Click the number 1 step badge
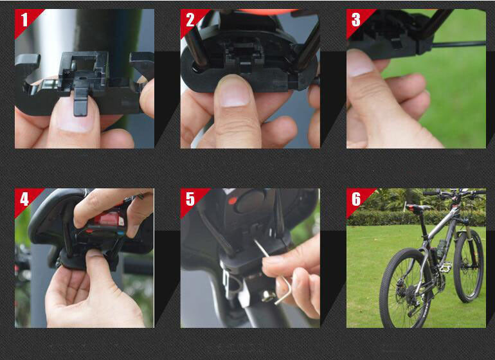tap(24, 20)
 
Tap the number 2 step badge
tap(190, 20)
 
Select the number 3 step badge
tap(356, 20)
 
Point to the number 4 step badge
tap(24, 199)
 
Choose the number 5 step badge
tap(190, 199)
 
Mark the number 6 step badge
tap(356, 199)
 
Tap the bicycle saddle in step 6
tap(415, 207)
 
